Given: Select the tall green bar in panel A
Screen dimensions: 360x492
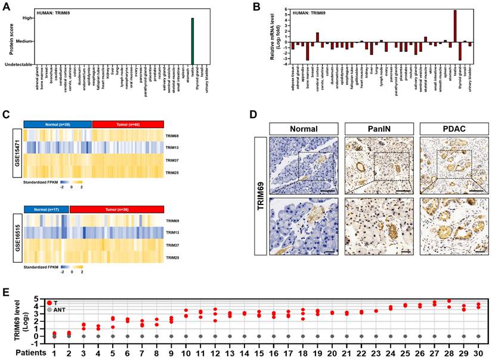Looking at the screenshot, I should point(193,41).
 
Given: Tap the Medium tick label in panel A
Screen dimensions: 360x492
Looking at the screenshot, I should point(23,41).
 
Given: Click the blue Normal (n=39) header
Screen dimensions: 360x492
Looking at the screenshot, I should point(58,123).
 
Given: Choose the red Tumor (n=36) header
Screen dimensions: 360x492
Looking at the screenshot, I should point(116,209).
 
